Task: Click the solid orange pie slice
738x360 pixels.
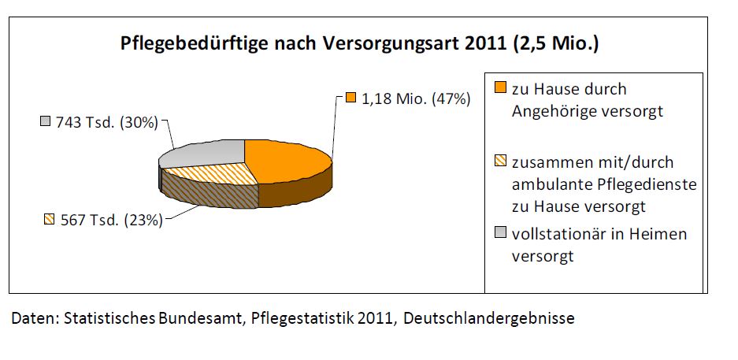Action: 287,161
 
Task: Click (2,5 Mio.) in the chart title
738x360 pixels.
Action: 556,44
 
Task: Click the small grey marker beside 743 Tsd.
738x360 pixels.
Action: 46,122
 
